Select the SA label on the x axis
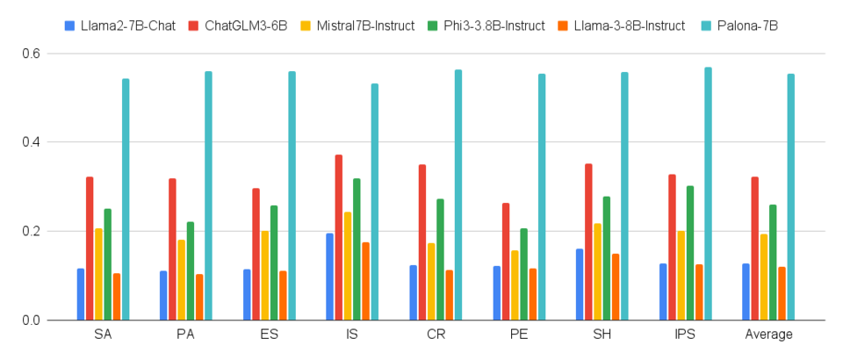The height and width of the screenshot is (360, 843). click(103, 335)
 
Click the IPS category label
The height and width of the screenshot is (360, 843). click(685, 335)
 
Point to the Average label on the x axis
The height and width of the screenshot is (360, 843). click(768, 335)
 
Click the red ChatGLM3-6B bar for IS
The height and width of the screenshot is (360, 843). click(339, 237)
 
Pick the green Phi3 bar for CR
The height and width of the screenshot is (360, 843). click(440, 260)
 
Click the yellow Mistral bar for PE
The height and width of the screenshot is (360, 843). click(515, 285)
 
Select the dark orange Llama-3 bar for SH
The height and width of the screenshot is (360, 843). click(616, 287)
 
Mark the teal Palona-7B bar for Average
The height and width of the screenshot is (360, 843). click(791, 198)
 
